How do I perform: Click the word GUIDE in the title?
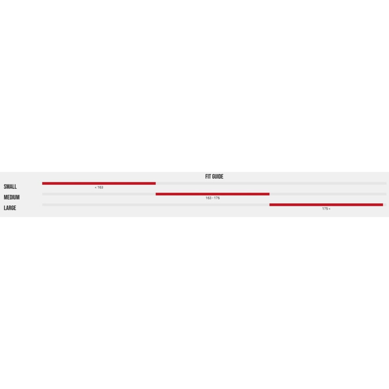point(217,177)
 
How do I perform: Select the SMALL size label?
point(10,186)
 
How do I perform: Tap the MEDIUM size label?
point(12,197)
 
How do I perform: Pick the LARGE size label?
point(10,208)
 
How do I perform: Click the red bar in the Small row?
point(99,184)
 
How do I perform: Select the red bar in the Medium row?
point(213,194)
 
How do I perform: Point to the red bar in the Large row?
point(326,205)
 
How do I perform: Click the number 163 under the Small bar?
point(100,187)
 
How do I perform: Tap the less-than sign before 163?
point(96,188)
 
